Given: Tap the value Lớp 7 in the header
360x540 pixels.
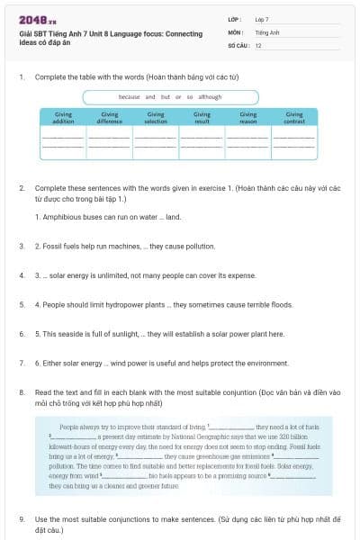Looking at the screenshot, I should tap(262, 18).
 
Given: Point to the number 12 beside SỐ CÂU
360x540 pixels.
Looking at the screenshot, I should tap(258, 43).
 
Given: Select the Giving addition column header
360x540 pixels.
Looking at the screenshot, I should tap(64, 117).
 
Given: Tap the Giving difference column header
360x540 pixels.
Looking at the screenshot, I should tap(110, 117).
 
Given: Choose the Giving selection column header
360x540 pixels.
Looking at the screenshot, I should tap(156, 117).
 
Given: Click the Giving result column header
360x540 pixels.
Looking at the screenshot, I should tap(202, 117).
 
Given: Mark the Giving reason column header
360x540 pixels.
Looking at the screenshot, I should tap(247, 117).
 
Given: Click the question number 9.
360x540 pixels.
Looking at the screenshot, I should tap(22, 519).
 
